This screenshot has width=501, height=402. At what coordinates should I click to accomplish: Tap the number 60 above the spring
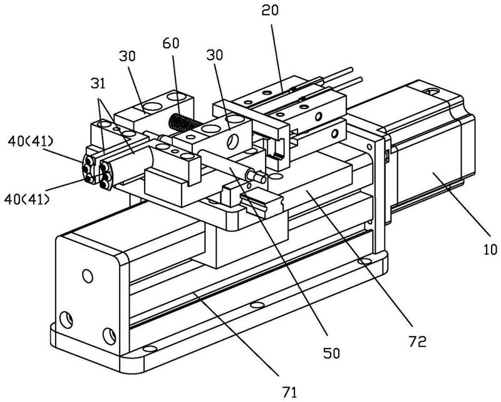[x=171, y=43]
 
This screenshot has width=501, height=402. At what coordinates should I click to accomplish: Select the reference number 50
[x=331, y=353]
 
